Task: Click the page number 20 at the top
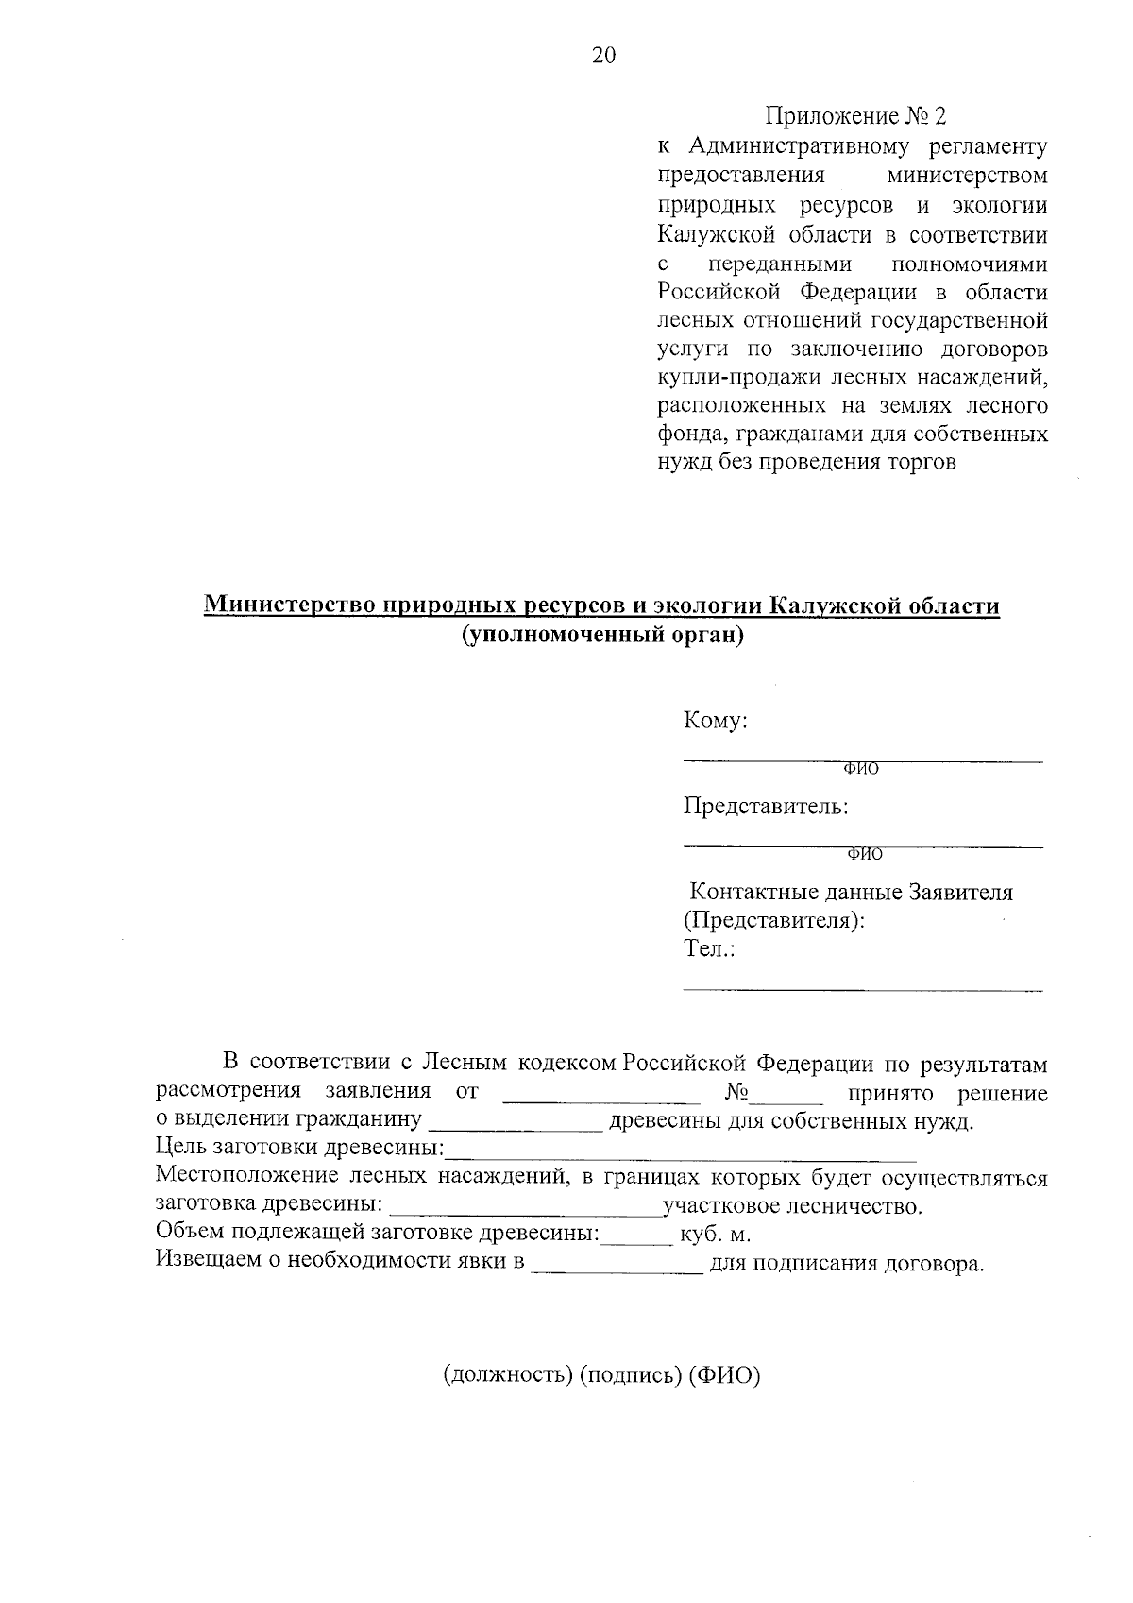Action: point(603,57)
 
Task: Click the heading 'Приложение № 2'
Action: point(854,117)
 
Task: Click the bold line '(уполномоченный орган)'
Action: point(602,636)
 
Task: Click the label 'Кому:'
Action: point(716,721)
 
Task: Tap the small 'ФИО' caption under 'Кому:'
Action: point(860,770)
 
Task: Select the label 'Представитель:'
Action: point(766,807)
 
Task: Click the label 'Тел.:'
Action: point(709,949)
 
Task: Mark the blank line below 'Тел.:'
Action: point(862,988)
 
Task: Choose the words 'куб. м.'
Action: point(714,1236)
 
